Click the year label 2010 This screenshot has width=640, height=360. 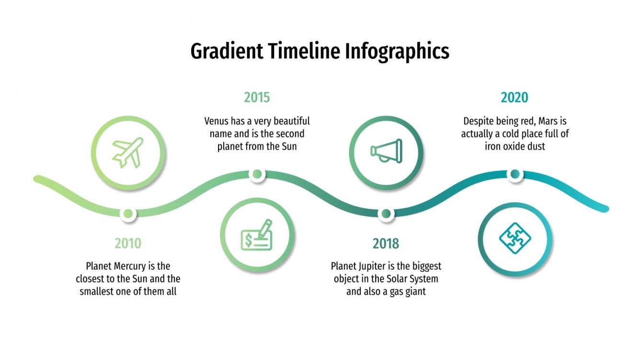pyautogui.click(x=128, y=243)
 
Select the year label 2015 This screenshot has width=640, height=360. pyautogui.click(x=257, y=98)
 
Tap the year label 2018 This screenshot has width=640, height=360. pyautogui.click(x=386, y=244)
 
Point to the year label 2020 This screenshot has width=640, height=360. pyautogui.click(x=514, y=98)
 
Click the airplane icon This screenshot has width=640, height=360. pyautogui.click(x=128, y=153)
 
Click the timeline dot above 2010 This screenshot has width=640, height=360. pyautogui.click(x=128, y=214)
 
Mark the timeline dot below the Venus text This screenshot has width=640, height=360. pyautogui.click(x=257, y=174)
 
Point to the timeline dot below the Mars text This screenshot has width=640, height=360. pyautogui.click(x=515, y=174)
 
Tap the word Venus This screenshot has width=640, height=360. pyautogui.click(x=217, y=121)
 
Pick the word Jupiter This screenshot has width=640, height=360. pyautogui.click(x=382, y=266)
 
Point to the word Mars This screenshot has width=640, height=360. pyautogui.click(x=548, y=122)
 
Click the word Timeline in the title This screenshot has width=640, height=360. pyautogui.click(x=304, y=51)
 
